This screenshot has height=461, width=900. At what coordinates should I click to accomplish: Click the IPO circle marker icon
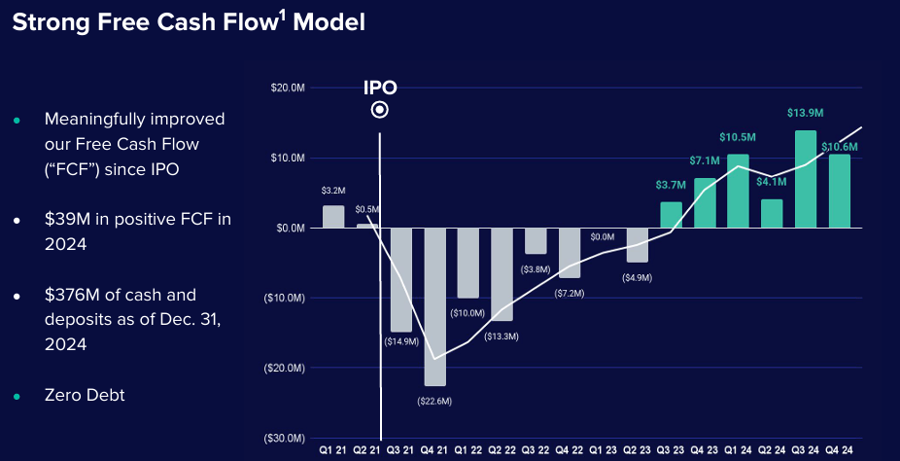pyautogui.click(x=380, y=110)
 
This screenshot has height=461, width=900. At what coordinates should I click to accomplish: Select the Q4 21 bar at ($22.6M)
pyautogui.click(x=434, y=306)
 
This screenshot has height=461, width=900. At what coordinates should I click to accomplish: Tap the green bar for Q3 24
pyautogui.click(x=806, y=179)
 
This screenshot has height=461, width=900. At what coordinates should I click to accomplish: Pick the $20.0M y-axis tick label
pyautogui.click(x=289, y=88)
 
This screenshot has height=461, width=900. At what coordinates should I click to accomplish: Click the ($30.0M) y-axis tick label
pyautogui.click(x=286, y=439)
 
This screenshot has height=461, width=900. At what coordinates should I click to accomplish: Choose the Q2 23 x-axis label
pyautogui.click(x=637, y=451)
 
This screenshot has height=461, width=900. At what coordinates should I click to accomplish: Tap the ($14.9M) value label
pyautogui.click(x=400, y=342)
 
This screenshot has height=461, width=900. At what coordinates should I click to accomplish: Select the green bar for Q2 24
pyautogui.click(x=772, y=213)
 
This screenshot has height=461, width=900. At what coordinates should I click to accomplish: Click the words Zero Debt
pyautogui.click(x=85, y=395)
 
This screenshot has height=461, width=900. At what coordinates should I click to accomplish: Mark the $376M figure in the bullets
pyautogui.click(x=68, y=294)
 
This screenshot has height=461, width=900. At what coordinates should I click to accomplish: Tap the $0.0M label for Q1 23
pyautogui.click(x=603, y=236)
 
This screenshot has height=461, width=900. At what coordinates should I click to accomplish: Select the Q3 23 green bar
pyautogui.click(x=671, y=215)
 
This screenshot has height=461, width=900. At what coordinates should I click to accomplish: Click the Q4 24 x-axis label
pyautogui.click(x=840, y=451)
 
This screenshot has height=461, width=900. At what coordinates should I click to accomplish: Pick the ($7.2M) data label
pyautogui.click(x=570, y=293)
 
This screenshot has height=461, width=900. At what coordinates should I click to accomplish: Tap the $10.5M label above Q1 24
pyautogui.click(x=738, y=137)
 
